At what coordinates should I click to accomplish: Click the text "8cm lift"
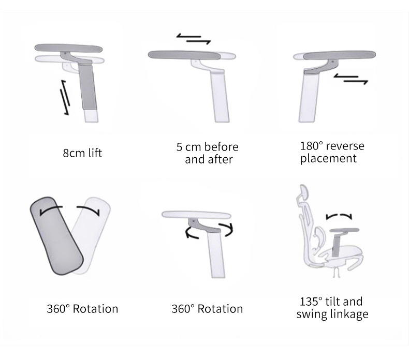pos(82,153)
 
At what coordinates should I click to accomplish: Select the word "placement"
pos(328,159)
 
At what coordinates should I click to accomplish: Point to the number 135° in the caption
pos(311,302)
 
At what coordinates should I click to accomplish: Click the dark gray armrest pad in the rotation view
pos(56,236)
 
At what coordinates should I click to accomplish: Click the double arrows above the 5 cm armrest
pos(194,39)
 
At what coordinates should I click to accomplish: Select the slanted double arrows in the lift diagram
pos(65,97)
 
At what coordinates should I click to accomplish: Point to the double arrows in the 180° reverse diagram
pos(350,79)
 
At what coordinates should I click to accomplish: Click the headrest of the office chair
pos(303,193)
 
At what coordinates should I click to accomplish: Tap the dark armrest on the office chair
pos(345,230)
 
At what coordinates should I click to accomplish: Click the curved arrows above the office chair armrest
pos(339,216)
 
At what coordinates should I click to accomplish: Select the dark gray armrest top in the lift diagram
pos(68,48)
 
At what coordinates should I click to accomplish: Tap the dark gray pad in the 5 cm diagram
pos(184,55)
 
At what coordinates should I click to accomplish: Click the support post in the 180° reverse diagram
pos(309,98)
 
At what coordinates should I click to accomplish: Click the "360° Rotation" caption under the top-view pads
pos(82,309)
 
